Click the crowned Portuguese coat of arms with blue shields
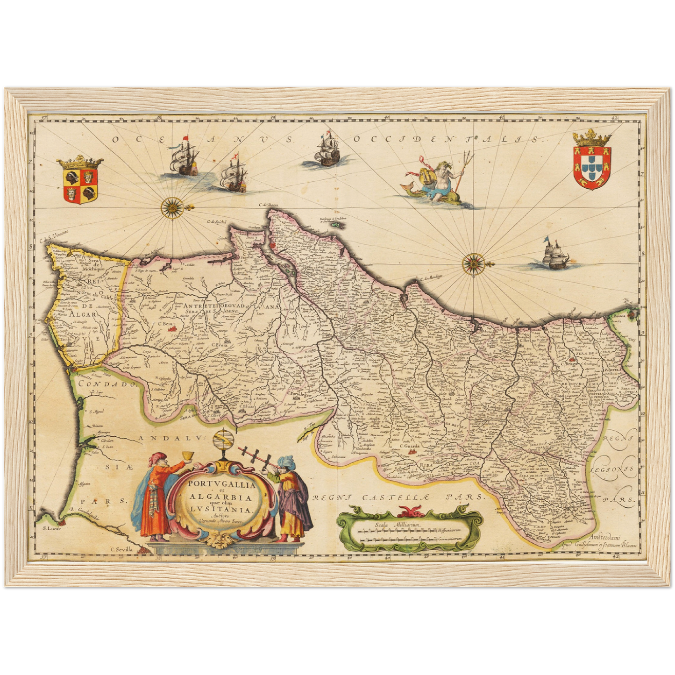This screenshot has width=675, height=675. pyautogui.click(x=592, y=161)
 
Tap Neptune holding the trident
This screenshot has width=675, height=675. pyautogui.click(x=434, y=179)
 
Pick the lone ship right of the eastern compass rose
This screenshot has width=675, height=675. pyautogui.click(x=552, y=256)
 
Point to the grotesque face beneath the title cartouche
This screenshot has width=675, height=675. pyautogui.click(x=217, y=541)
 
